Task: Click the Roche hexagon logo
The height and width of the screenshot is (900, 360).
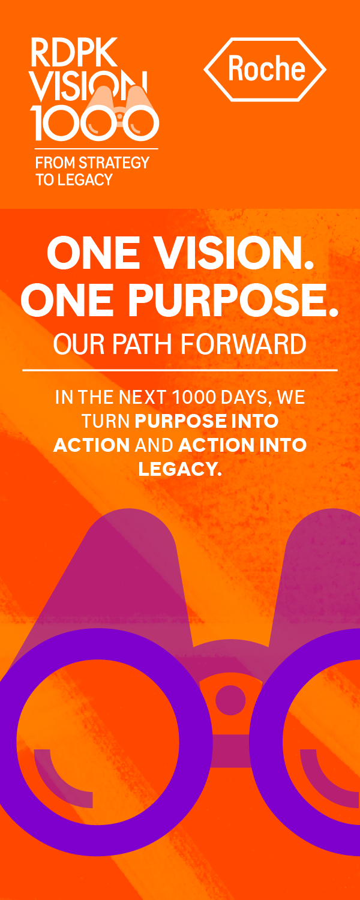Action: click(x=265, y=70)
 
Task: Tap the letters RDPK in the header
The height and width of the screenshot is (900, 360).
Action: click(x=74, y=53)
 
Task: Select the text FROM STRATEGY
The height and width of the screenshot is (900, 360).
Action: click(x=92, y=163)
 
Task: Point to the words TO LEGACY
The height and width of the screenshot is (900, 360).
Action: click(x=74, y=179)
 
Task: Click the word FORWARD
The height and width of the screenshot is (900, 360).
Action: click(x=243, y=344)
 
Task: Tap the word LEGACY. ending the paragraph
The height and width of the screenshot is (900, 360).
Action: click(x=180, y=469)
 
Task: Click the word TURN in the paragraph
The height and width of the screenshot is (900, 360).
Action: click(x=105, y=421)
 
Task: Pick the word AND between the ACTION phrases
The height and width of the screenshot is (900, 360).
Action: click(x=154, y=445)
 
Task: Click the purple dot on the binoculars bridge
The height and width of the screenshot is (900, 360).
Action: click(x=230, y=700)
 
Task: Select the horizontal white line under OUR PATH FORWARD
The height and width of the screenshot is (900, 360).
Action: click(x=179, y=370)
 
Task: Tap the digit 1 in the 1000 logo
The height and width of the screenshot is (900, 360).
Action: click(x=38, y=124)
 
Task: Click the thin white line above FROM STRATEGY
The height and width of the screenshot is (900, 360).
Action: click(x=94, y=149)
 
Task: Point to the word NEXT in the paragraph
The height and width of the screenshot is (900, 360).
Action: click(x=142, y=397)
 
